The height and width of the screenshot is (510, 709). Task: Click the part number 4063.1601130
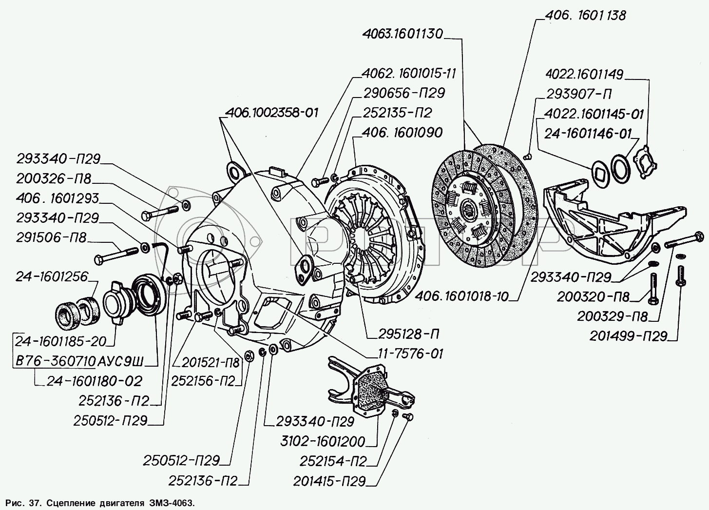403,35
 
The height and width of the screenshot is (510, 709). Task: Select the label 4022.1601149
584,75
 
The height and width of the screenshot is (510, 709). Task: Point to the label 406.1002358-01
272,113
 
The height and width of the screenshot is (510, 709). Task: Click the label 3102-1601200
329,442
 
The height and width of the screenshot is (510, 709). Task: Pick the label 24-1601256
52,277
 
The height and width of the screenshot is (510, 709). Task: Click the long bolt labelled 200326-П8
161,213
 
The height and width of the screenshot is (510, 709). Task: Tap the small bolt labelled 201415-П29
409,417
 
